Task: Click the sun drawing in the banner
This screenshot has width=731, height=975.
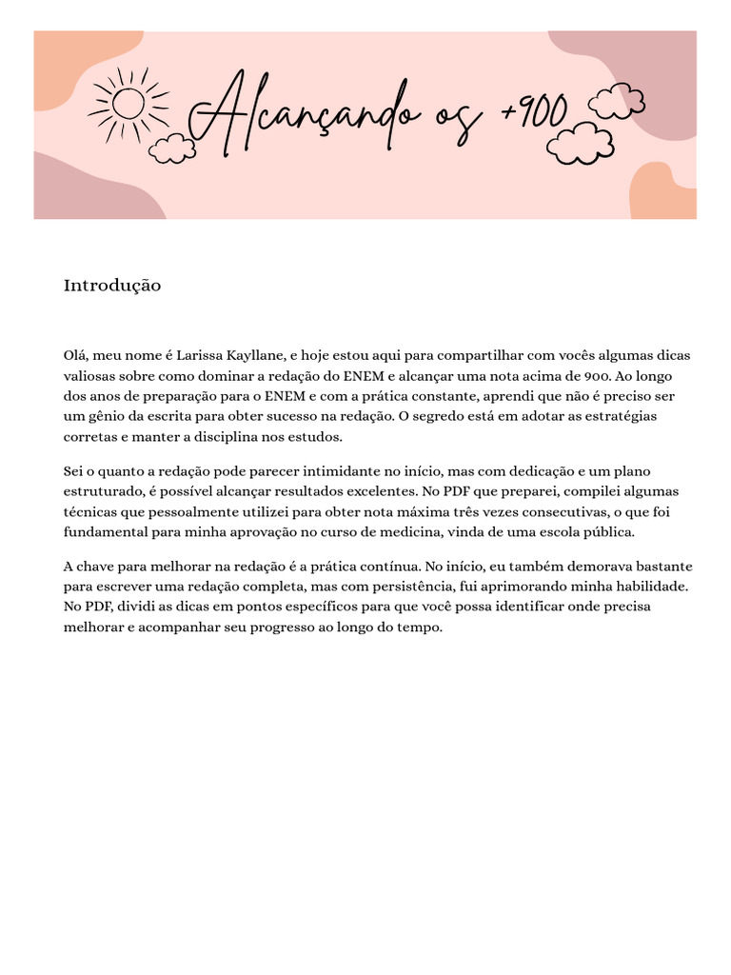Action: pos(127,104)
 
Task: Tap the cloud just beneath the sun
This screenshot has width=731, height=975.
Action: pos(172,148)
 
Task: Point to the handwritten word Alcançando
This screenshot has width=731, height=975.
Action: pos(305,117)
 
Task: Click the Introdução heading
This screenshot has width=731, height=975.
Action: pos(112,286)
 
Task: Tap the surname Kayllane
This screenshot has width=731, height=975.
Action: pos(256,355)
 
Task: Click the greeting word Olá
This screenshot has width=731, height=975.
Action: pos(75,355)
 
